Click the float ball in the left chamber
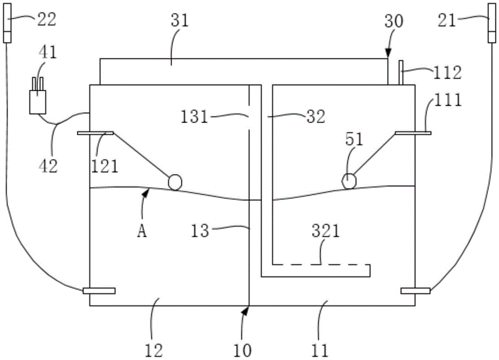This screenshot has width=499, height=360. coord(175,182)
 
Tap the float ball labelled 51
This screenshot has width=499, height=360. coord(349,181)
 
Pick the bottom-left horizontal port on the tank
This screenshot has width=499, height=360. coord(99,290)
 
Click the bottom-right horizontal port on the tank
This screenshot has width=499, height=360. coord(415,290)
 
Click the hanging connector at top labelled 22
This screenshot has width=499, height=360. coord(7,22)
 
